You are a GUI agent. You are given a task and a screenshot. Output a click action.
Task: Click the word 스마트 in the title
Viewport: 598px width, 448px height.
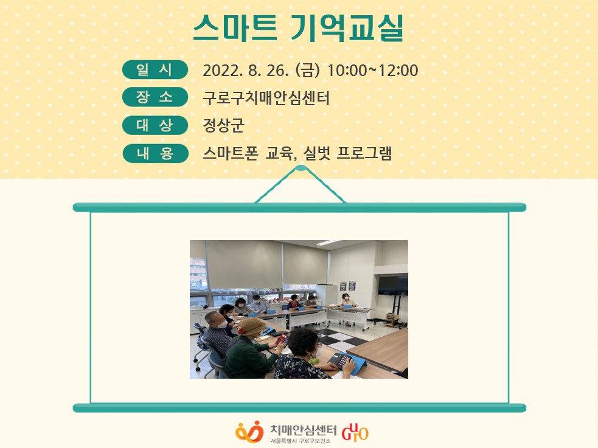coord(235,28)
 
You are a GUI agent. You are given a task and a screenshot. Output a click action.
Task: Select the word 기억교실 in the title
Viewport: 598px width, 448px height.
coord(347,28)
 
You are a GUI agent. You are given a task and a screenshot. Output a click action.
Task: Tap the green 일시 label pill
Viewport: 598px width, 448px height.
coord(155,70)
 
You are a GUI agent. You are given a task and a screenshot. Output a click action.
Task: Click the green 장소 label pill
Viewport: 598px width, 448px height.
coord(155,97)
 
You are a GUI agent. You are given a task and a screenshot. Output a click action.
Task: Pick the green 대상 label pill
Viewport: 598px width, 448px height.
coord(155,125)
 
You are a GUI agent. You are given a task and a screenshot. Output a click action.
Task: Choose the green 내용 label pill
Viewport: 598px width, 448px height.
coord(155,153)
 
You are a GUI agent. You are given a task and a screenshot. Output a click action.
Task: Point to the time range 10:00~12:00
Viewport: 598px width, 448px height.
coord(372,71)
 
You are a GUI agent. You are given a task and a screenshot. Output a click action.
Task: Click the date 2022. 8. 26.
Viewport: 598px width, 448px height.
coord(246,71)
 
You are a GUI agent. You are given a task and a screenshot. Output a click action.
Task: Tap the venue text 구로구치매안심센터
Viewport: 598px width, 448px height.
coord(266,98)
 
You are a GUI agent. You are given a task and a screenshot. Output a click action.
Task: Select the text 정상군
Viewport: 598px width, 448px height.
coord(223,125)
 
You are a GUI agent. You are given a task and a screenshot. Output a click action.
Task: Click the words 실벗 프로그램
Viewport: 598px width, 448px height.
coord(347,153)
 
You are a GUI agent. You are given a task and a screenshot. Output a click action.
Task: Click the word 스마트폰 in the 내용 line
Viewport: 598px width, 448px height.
coord(231,153)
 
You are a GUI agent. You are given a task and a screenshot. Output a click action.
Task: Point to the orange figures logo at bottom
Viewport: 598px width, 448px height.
coord(249,432)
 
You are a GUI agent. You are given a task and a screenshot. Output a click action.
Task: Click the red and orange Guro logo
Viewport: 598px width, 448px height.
coord(355,432)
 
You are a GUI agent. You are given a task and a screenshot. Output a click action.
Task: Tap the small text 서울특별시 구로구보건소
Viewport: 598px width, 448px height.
coord(301,441)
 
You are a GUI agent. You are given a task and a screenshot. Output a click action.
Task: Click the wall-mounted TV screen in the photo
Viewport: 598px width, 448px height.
coord(393,285)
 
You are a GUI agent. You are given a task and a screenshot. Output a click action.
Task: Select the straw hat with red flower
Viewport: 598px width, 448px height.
coord(251,326)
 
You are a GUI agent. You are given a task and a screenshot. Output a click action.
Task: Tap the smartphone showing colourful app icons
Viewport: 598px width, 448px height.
coord(341,360)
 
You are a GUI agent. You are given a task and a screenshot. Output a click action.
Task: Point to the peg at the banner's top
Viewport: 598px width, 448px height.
coord(300,168)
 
